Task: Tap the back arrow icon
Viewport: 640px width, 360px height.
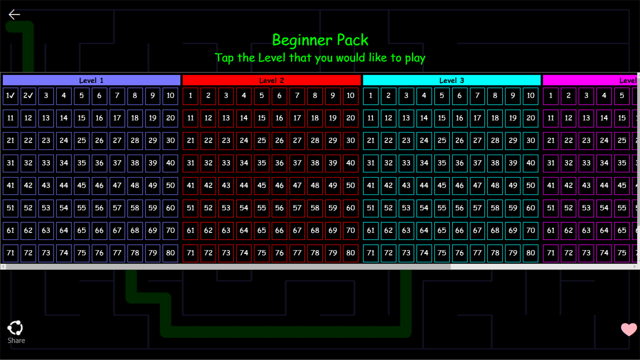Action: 14,15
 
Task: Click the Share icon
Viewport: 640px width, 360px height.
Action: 16,328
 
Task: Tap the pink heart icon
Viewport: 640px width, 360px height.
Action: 629,329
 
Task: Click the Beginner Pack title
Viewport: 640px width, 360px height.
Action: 320,40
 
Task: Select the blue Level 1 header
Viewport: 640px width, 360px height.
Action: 91,81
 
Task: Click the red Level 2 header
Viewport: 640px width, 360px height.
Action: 272,81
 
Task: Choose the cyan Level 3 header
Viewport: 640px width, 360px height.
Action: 452,81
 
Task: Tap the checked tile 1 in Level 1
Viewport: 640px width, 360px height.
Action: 11,96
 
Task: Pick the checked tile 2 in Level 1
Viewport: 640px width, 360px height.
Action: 28,96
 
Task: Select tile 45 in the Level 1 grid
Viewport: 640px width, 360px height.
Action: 81,186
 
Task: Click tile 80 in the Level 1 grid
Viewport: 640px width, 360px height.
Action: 170,253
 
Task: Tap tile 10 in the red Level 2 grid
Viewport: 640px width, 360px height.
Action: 350,96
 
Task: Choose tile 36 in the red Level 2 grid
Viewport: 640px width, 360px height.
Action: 280,163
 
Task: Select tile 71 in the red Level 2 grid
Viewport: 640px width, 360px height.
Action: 191,253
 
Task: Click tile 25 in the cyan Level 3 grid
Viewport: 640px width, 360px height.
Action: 441,141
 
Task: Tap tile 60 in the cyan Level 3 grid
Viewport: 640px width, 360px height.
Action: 531,208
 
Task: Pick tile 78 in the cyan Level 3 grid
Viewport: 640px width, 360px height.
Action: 495,253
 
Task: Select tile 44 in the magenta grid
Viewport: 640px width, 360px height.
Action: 604,186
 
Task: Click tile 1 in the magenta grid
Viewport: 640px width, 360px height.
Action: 551,96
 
